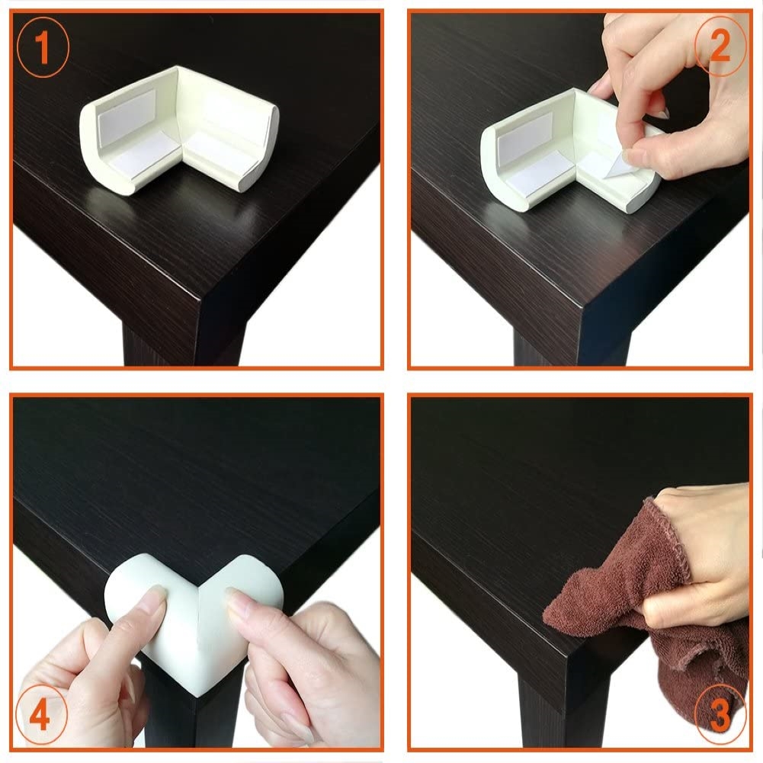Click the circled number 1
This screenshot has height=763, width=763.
click(x=43, y=47)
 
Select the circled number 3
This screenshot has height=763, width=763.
click(x=720, y=714)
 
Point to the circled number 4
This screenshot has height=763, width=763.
click(x=40, y=715)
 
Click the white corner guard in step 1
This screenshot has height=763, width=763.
click(x=178, y=130)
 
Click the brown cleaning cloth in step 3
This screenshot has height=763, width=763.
click(x=647, y=618)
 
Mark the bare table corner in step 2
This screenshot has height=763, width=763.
click(x=582, y=306)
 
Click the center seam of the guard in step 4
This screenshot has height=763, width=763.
click(x=198, y=643)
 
